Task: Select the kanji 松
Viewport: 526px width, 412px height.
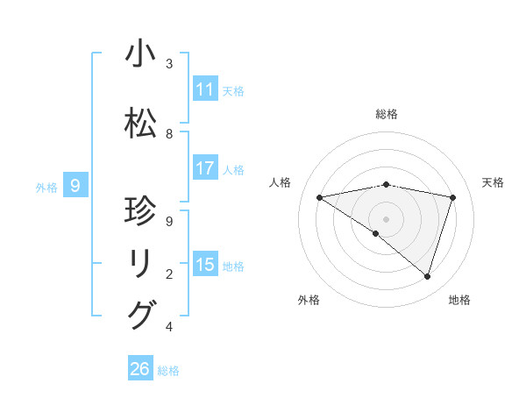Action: [141, 124]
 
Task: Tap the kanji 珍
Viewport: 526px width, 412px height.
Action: [141, 212]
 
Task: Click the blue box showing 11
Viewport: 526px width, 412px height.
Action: [205, 89]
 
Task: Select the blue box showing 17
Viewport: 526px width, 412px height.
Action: [205, 168]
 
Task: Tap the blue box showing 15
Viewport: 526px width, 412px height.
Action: [205, 265]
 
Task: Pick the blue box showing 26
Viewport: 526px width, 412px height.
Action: [140, 369]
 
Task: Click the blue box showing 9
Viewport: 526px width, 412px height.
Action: [76, 185]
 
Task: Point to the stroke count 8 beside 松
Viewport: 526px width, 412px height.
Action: [169, 134]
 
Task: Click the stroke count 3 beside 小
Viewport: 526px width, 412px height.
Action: [169, 64]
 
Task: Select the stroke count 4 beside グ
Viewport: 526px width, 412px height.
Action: [169, 327]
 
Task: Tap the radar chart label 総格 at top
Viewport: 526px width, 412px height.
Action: [387, 114]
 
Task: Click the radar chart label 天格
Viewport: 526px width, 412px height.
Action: [493, 182]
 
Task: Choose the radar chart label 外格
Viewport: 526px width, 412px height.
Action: [309, 300]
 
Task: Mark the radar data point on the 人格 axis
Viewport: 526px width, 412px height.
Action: [320, 197]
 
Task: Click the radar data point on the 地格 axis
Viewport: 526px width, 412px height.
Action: [427, 276]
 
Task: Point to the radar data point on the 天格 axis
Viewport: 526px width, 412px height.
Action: [453, 197]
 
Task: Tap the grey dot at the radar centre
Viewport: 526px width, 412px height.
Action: [387, 218]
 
